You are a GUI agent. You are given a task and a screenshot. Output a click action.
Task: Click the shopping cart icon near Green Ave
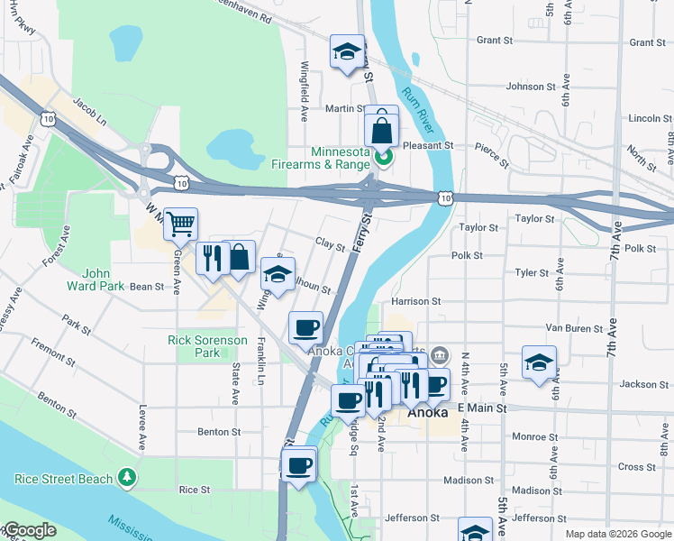coord(181,224)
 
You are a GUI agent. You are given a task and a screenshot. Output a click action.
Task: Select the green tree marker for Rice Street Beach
coord(129,477)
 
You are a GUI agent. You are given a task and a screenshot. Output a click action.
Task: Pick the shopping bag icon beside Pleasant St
coord(381,129)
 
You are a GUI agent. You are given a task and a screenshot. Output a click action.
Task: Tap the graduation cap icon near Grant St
coord(346,52)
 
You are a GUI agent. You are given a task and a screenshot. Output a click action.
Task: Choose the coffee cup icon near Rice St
coord(298,466)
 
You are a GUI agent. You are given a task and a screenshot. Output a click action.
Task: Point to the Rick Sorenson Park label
coord(206,346)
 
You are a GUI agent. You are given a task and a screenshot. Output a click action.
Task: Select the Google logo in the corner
coord(29,530)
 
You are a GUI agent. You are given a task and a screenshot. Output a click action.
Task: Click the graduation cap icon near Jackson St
coord(539,363)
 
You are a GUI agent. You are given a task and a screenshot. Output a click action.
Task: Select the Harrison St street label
coord(415,301)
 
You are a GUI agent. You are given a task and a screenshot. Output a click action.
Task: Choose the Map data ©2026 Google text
coord(616,534)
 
